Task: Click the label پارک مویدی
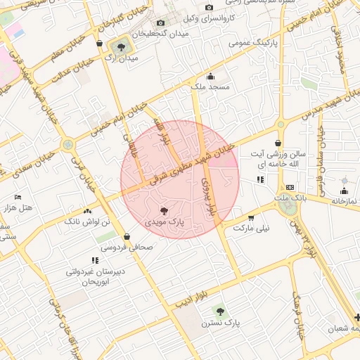click(165, 221)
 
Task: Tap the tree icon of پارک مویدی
click(164, 210)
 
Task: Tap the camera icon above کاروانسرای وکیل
click(209, 8)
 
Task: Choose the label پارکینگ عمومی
click(250, 43)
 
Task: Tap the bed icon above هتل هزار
click(18, 197)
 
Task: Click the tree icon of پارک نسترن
click(219, 311)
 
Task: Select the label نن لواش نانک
click(88, 221)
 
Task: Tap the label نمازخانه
click(344, 200)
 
